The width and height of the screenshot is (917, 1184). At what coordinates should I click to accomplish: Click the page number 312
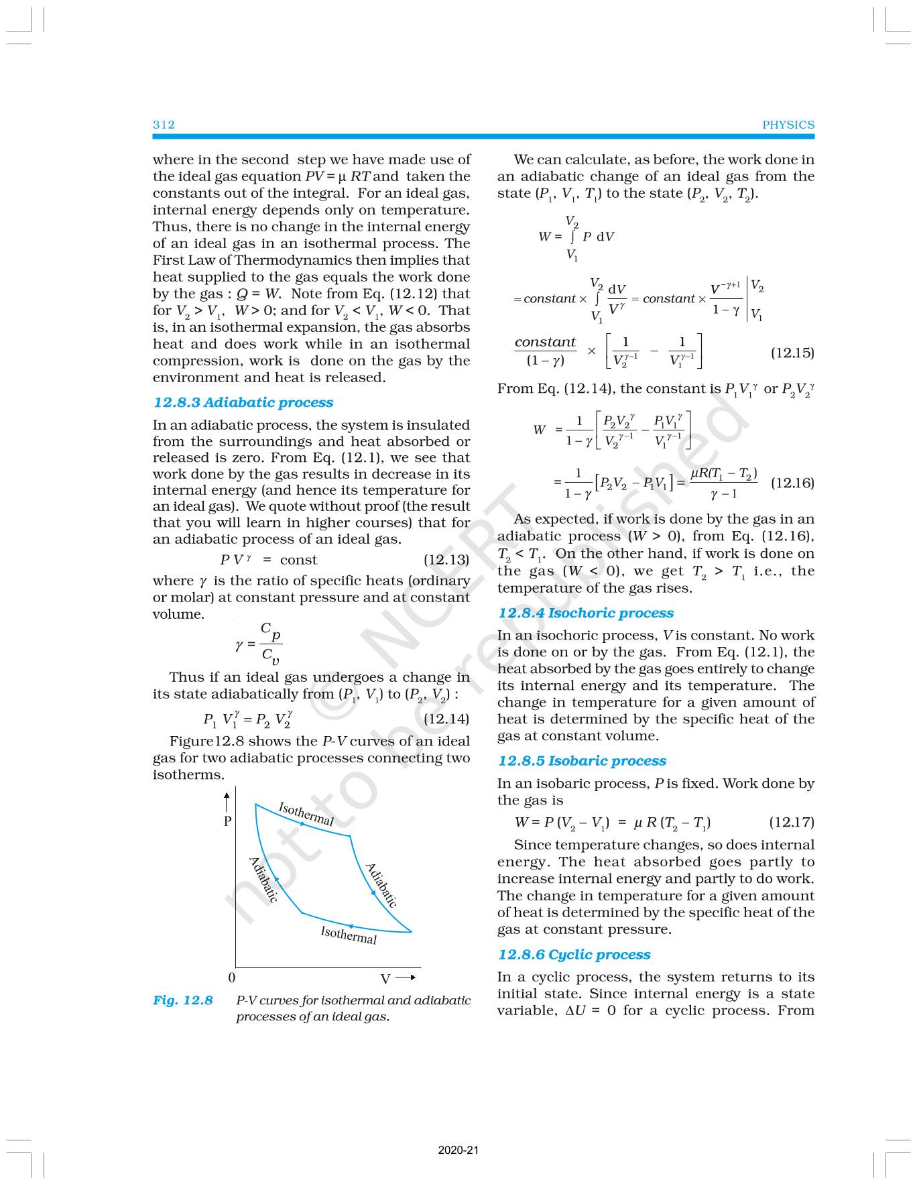point(164,125)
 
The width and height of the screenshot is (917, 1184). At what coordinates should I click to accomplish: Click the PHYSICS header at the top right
point(788,125)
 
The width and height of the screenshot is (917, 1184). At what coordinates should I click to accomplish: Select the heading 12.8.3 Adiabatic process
point(243,402)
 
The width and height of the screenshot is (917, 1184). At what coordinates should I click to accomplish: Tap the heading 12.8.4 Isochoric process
point(585,613)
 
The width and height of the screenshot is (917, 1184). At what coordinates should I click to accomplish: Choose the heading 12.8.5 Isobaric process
point(582,761)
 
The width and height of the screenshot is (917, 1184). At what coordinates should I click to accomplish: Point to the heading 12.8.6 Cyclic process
point(574,955)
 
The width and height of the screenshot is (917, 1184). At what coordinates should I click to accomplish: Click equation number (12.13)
point(446,560)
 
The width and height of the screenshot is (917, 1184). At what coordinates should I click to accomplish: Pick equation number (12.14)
point(446,719)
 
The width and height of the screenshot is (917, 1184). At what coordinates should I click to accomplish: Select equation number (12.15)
point(792,353)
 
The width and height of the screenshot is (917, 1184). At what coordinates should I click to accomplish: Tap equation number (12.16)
point(792,483)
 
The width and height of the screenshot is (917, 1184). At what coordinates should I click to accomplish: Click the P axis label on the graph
point(228,821)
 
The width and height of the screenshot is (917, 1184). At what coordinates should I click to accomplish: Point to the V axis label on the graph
point(385,980)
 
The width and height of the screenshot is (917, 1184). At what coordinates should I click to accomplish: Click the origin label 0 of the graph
point(232,978)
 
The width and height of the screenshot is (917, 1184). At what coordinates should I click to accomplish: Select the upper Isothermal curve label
point(306,814)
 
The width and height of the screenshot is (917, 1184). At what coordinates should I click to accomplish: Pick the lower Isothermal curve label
point(349,934)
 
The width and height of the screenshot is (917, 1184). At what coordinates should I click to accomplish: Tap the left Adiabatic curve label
point(263,880)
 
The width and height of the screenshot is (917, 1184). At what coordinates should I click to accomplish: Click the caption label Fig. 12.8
point(183,1000)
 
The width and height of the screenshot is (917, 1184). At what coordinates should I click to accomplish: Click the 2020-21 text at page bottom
point(458,1150)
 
